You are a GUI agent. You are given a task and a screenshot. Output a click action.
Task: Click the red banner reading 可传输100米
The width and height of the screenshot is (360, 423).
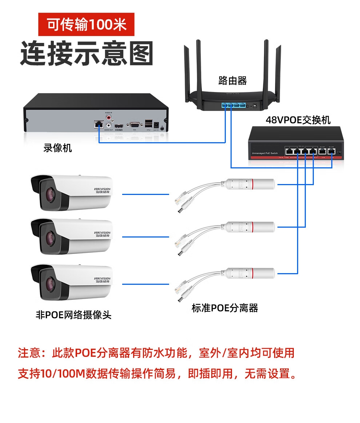(87, 24)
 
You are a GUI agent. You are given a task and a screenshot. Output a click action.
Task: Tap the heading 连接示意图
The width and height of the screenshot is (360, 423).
(86, 53)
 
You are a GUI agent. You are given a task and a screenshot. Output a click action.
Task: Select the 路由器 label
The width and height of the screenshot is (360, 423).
(232, 80)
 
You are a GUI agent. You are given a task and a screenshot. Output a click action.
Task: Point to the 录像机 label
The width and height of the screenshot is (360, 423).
(57, 148)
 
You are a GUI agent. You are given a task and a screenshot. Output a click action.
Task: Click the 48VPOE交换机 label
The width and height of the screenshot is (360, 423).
(298, 120)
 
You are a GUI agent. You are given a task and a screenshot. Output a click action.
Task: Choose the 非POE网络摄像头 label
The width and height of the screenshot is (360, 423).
(73, 314)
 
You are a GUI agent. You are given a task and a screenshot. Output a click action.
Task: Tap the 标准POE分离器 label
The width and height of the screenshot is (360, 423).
(225, 308)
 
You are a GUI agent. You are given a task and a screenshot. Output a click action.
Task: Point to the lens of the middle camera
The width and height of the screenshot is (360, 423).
(49, 238)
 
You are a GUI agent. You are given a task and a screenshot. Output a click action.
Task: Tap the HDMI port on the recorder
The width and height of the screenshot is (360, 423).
(119, 126)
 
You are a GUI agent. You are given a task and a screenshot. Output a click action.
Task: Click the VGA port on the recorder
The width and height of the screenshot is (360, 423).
(134, 125)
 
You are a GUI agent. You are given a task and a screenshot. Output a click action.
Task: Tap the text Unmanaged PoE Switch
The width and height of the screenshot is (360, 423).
(264, 153)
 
